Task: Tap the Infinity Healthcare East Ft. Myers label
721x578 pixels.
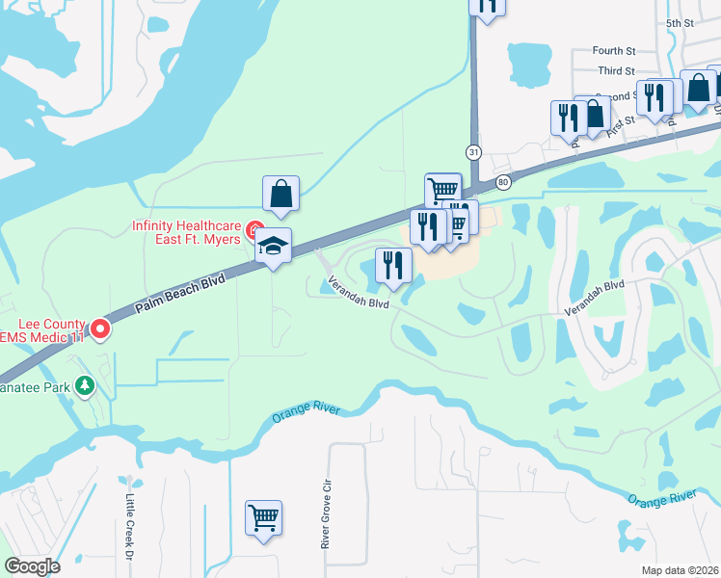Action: [x=185, y=232]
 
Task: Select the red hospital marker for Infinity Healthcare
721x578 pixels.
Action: [x=254, y=230]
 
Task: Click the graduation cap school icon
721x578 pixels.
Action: [x=274, y=247]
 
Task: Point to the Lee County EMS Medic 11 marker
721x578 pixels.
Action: [x=99, y=330]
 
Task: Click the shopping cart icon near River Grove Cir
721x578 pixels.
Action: [x=263, y=518]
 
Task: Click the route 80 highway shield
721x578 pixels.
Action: [x=502, y=182]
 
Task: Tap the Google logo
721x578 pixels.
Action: [x=33, y=566]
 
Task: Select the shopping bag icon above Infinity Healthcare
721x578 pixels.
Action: [x=280, y=194]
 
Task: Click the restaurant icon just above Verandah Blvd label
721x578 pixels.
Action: [x=393, y=266]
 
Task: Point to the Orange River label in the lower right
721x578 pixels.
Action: [x=661, y=497]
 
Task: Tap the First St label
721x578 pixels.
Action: [x=623, y=120]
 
